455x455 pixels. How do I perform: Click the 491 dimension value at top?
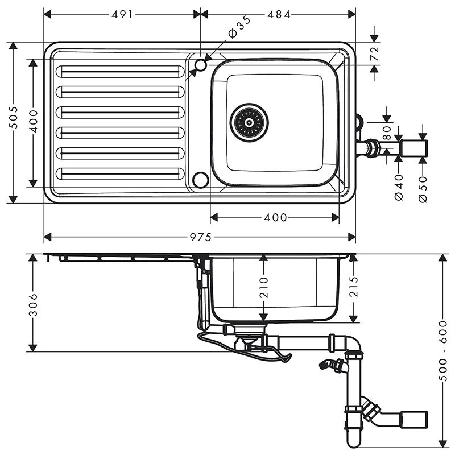(122, 15)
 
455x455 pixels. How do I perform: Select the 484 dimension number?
(279, 15)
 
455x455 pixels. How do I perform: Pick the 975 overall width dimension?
(200, 236)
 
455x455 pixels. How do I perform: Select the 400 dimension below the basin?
(275, 217)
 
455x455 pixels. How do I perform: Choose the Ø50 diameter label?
(422, 188)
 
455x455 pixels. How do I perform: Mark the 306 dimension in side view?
(34, 303)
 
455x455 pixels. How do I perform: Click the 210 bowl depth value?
(263, 288)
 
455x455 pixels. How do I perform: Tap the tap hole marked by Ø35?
(200, 65)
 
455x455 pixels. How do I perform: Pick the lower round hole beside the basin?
(200, 180)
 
